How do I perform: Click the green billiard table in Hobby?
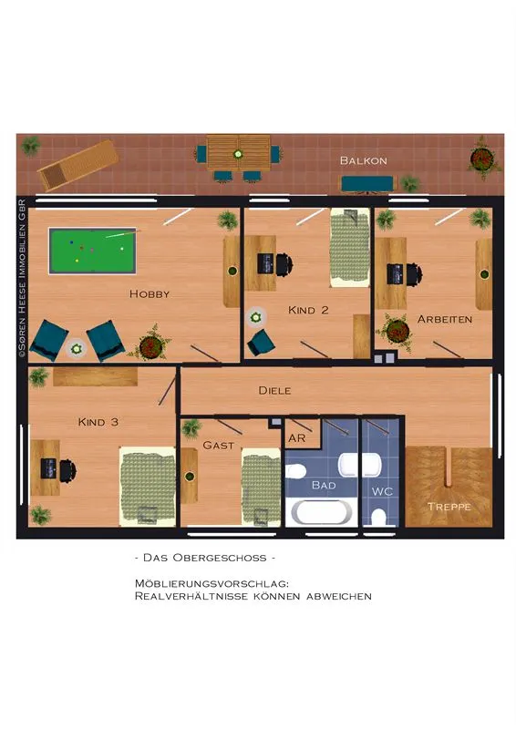(93, 252)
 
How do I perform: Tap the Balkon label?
(364, 161)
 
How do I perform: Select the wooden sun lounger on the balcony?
(77, 165)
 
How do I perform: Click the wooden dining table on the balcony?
(239, 153)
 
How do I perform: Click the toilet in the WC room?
(379, 517)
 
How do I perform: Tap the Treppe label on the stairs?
(449, 507)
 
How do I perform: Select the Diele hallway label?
(274, 391)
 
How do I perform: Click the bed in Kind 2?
(350, 247)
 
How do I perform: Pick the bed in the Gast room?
(261, 488)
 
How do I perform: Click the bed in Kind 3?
(148, 487)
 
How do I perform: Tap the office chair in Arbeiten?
(415, 274)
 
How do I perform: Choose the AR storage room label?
(297, 438)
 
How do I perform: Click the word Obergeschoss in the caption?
(220, 558)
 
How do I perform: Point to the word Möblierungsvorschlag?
(212, 583)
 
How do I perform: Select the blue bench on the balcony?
(367, 184)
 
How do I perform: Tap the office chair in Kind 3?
(67, 470)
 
